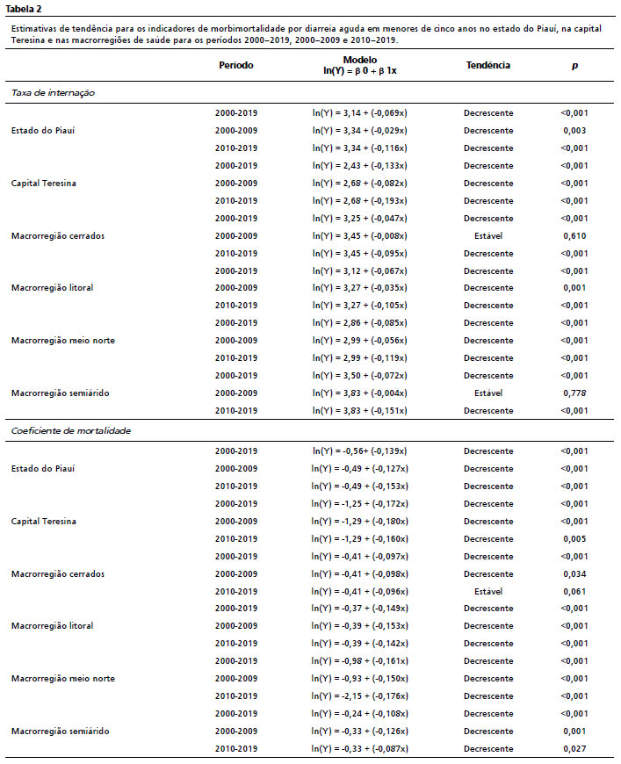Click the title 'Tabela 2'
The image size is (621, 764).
tap(23, 8)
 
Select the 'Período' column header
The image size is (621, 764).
tap(236, 65)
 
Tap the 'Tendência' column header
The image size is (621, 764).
tap(488, 65)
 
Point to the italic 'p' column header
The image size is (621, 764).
tap(574, 65)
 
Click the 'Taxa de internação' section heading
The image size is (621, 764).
tap(54, 91)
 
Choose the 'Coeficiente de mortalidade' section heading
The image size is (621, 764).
tap(70, 430)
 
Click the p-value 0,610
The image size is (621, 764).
tap(574, 235)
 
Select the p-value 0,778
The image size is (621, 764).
tap(574, 393)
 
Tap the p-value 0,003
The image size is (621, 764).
tap(574, 131)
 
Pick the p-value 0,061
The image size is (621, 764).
tap(574, 591)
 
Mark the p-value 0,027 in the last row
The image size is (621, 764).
tap(574, 748)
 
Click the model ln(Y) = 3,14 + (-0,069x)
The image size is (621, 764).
tap(360, 113)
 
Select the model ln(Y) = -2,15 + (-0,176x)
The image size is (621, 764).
tap(360, 696)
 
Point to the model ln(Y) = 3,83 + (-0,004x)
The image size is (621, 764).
tap(360, 393)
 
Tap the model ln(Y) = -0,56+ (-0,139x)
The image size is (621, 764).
tap(360, 451)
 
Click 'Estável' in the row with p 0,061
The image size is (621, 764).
tap(488, 591)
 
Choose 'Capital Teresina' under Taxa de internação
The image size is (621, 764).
tap(44, 183)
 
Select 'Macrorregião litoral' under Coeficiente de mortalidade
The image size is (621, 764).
tap(52, 626)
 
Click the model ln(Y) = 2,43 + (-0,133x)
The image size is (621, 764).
tap(360, 165)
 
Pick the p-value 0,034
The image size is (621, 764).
tap(574, 573)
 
